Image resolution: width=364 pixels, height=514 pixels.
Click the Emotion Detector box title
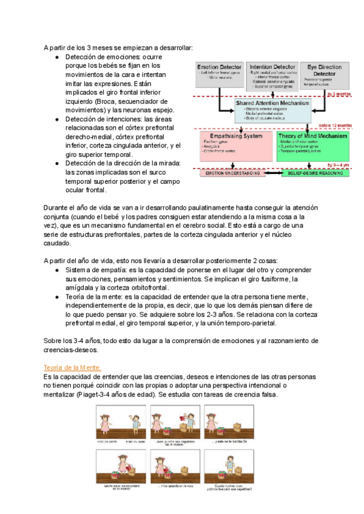218,67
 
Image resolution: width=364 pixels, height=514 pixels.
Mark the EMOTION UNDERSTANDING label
232,173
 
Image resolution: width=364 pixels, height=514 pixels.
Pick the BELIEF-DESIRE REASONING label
314,173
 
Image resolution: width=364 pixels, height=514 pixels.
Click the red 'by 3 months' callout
339,95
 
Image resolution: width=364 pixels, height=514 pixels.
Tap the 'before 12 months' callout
334,125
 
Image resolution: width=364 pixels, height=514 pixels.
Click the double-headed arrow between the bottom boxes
271,173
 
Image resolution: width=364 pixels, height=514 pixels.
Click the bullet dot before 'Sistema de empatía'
56,270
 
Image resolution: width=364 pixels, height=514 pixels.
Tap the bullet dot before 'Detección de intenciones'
56,119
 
